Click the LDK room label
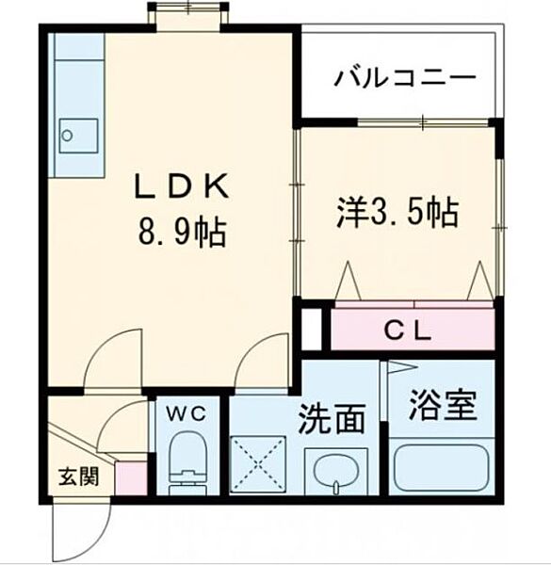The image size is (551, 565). point(183,187)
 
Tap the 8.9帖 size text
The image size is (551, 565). point(183,232)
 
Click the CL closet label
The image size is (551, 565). point(408,331)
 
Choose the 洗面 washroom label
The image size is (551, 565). point(332,418)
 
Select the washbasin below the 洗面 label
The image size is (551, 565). point(338,470)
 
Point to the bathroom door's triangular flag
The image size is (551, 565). point(399,367)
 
